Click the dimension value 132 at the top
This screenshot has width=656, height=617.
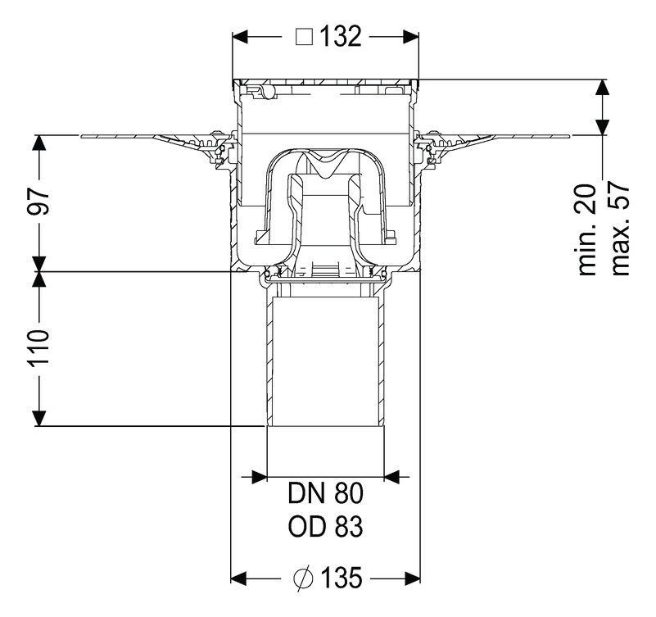(339, 37)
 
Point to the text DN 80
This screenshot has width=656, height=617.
(325, 494)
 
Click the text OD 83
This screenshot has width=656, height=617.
(325, 526)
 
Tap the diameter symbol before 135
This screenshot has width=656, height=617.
(302, 578)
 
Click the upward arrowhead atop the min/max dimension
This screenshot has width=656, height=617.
(602, 88)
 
